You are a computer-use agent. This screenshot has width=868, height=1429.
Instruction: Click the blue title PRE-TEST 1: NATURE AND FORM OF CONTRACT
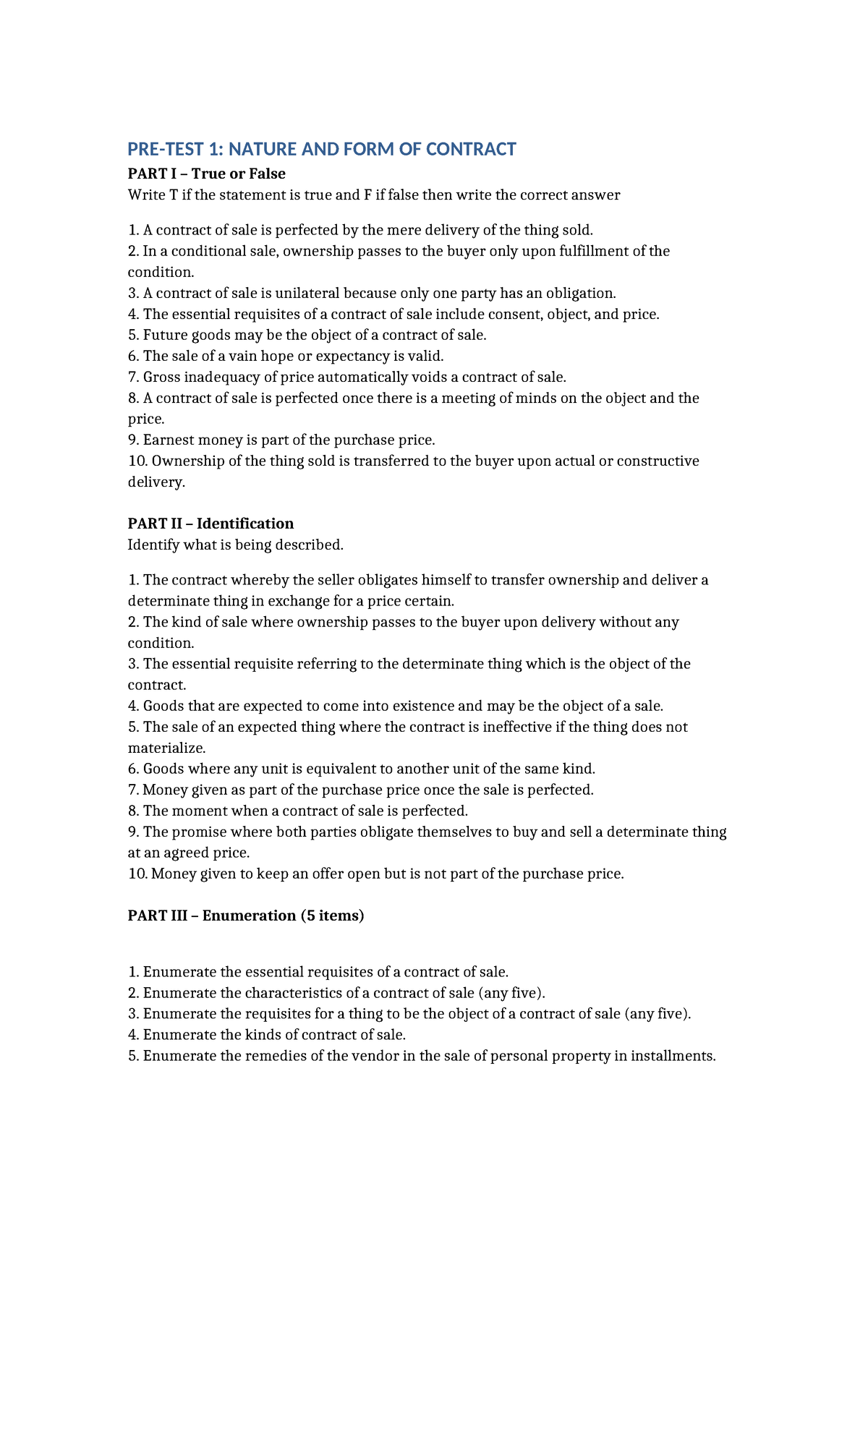coord(322,149)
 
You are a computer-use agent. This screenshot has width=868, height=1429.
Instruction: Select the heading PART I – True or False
coord(206,174)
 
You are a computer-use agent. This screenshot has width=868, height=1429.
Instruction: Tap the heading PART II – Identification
coord(210,524)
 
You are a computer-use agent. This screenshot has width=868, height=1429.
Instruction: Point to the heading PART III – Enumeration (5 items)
coord(246,916)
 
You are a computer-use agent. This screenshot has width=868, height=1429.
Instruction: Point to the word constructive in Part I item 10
coord(655,461)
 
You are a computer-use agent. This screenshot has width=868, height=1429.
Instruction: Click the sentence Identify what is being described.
coord(235,545)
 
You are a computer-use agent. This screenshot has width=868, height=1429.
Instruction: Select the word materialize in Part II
coord(166,748)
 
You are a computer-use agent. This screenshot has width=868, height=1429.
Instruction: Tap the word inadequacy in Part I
coord(222,377)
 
